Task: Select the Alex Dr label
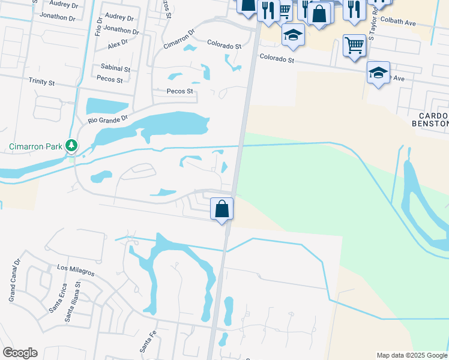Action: coord(118,44)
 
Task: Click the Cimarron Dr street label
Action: coord(179,40)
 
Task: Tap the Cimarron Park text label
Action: coord(35,146)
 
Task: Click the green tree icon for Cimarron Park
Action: coord(72,145)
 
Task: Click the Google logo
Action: coord(20,353)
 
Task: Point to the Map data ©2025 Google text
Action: coord(412,355)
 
